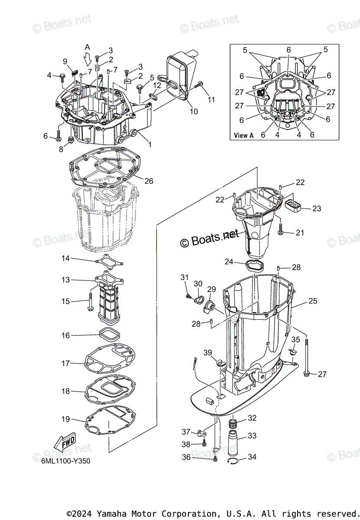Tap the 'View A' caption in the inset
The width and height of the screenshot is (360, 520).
click(244, 135)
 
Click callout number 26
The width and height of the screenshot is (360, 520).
click(149, 181)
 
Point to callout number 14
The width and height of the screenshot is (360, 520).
click(65, 259)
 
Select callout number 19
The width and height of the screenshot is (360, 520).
click(65, 419)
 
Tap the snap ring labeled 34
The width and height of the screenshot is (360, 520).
click(234, 461)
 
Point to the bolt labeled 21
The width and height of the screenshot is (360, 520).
click(280, 230)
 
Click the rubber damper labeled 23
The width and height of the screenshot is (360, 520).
click(294, 204)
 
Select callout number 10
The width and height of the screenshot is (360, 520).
click(194, 111)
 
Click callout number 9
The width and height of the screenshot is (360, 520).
click(65, 61)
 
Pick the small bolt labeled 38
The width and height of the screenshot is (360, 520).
click(204, 444)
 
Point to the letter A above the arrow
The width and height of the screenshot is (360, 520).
click(88, 47)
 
